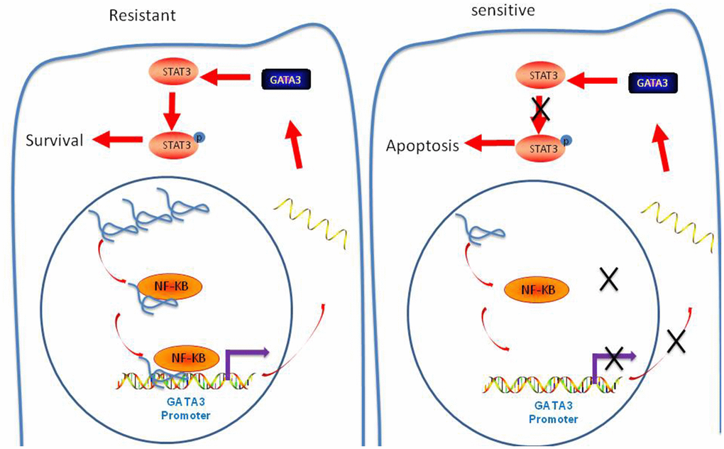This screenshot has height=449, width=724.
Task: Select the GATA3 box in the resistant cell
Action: click(283, 81)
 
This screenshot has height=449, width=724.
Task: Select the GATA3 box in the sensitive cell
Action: click(650, 83)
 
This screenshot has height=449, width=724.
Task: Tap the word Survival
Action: click(55, 140)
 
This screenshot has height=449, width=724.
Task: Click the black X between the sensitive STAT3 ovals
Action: click(541, 109)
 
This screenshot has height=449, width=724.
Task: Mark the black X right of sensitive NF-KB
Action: click(609, 280)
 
